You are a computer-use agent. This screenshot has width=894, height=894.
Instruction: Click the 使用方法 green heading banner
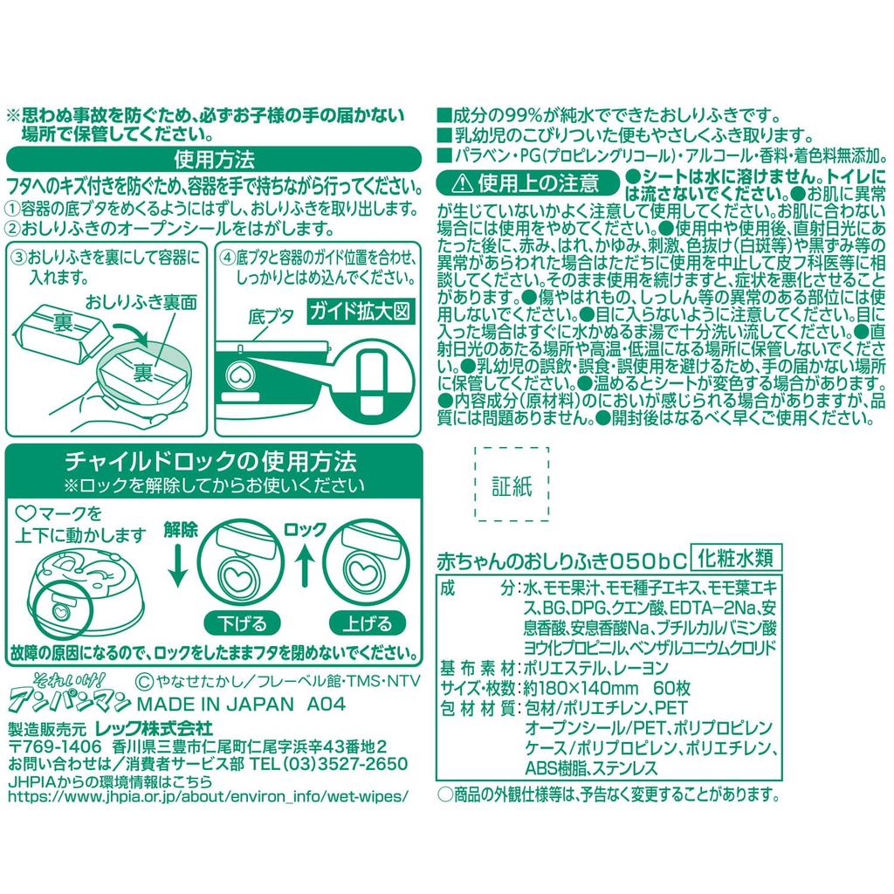[214, 161]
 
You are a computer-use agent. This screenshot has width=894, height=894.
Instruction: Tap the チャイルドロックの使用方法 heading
[214, 460]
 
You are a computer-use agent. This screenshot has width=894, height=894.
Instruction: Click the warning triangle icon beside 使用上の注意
[461, 182]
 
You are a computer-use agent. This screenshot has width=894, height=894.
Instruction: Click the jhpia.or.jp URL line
[208, 796]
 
